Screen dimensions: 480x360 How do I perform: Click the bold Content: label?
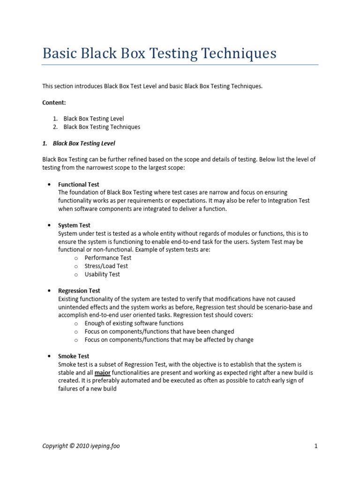pyautogui.click(x=54, y=102)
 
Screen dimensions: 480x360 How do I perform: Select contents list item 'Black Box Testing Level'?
pyautogui.click(x=94, y=119)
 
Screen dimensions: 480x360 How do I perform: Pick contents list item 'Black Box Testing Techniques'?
pyautogui.click(x=102, y=127)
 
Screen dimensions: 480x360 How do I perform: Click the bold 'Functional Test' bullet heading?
pyautogui.click(x=78, y=184)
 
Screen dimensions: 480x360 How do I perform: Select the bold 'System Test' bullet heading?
pyautogui.click(x=74, y=225)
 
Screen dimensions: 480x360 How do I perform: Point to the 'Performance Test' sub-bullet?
pyautogui.click(x=108, y=258)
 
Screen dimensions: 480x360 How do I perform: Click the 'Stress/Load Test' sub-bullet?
pyautogui.click(x=106, y=266)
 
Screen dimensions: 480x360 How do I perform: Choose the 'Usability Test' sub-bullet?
pyautogui.click(x=102, y=274)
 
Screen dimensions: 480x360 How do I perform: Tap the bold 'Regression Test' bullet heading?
pyautogui.click(x=79, y=291)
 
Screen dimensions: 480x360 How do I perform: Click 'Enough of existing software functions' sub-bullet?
pyautogui.click(x=134, y=323)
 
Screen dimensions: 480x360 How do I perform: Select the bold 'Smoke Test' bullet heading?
pyautogui.click(x=74, y=356)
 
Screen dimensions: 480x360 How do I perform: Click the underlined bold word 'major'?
pyautogui.click(x=103, y=373)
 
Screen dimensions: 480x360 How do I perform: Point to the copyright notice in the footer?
pyautogui.click(x=81, y=446)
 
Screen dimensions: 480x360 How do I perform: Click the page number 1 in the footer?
pyautogui.click(x=316, y=446)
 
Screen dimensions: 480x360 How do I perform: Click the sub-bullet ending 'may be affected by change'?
pyautogui.click(x=169, y=340)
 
